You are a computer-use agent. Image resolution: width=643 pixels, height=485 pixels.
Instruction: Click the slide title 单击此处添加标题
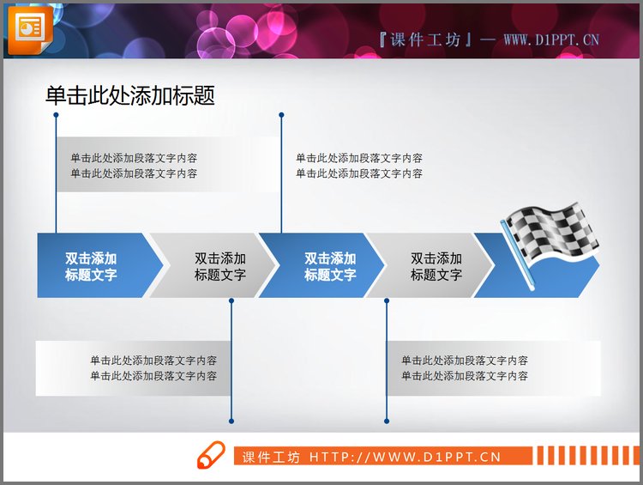(x=130, y=95)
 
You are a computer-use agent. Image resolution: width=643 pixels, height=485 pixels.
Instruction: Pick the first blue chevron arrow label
(x=91, y=266)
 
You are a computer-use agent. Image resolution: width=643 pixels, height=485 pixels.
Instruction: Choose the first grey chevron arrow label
(x=220, y=266)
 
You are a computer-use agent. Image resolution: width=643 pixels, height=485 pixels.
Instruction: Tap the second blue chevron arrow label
(x=330, y=266)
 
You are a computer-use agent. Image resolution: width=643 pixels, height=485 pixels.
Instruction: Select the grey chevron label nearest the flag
(x=436, y=266)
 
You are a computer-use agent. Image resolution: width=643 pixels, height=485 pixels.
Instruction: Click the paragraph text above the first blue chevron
(x=134, y=166)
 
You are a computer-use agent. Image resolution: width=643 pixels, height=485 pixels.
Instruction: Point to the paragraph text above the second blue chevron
(x=359, y=166)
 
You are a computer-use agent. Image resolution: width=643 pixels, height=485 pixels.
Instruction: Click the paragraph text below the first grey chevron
(x=153, y=368)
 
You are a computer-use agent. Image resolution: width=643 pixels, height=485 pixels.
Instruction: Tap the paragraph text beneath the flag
(x=465, y=368)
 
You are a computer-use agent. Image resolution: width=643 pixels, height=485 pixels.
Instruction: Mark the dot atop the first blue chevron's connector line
(x=56, y=114)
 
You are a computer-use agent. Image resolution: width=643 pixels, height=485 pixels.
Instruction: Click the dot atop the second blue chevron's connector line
(x=281, y=114)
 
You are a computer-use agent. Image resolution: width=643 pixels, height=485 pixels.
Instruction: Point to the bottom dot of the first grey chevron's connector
(x=231, y=421)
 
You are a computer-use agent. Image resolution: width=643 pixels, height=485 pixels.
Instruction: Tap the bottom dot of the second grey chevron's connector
(x=387, y=421)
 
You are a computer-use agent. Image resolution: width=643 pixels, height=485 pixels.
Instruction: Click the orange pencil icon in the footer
(x=210, y=455)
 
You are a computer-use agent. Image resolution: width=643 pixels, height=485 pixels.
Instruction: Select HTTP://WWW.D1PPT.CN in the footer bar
(x=405, y=458)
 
